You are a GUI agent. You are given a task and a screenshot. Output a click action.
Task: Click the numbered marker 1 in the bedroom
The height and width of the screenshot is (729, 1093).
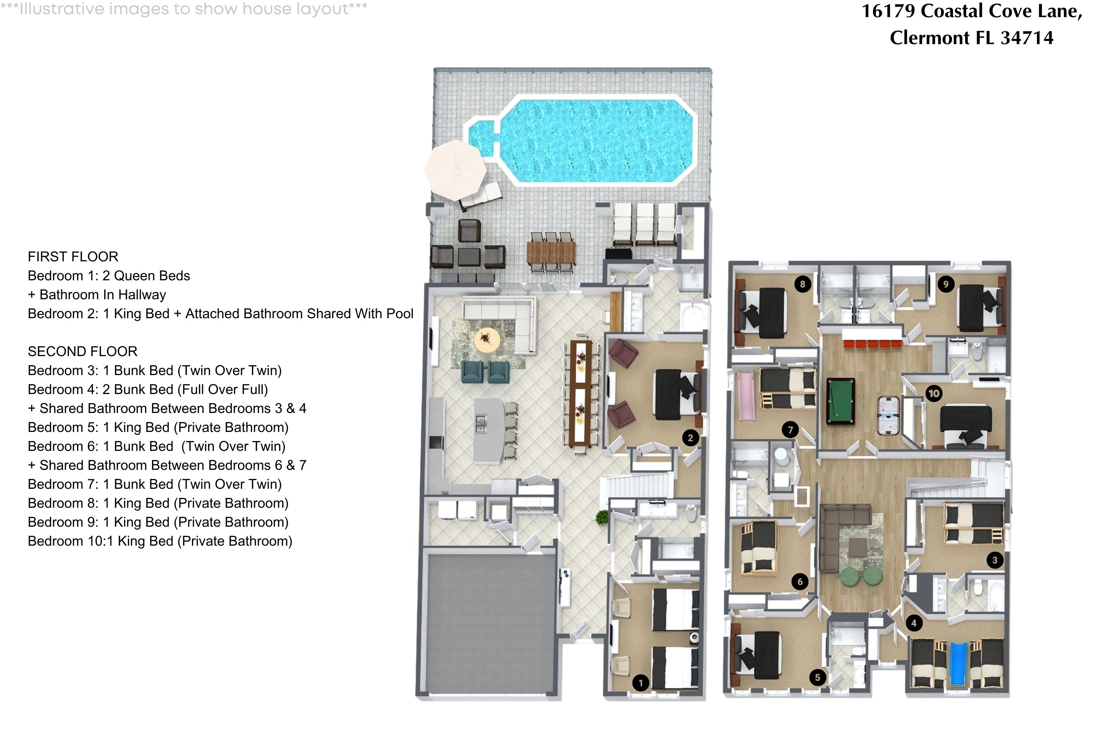click(641, 683)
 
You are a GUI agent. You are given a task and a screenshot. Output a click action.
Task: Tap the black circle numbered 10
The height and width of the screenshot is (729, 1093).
click(933, 394)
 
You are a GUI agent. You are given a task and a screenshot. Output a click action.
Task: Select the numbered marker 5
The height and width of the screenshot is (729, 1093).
click(818, 677)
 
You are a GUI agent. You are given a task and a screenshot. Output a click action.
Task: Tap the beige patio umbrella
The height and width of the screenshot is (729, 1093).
click(455, 170)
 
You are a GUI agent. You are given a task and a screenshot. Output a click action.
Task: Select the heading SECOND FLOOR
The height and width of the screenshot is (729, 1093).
click(83, 351)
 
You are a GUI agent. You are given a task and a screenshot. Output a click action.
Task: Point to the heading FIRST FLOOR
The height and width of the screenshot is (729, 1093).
click(73, 257)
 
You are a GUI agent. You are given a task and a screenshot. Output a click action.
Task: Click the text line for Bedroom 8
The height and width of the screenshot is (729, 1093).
click(158, 503)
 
